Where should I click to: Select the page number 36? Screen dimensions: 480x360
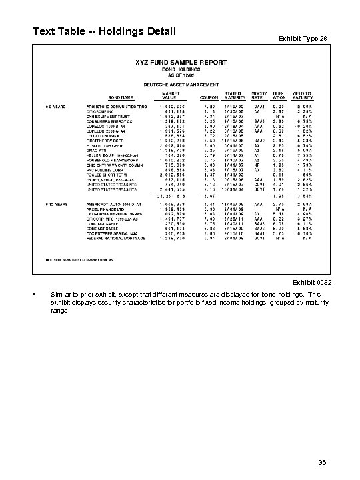[x=323, y=460]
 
